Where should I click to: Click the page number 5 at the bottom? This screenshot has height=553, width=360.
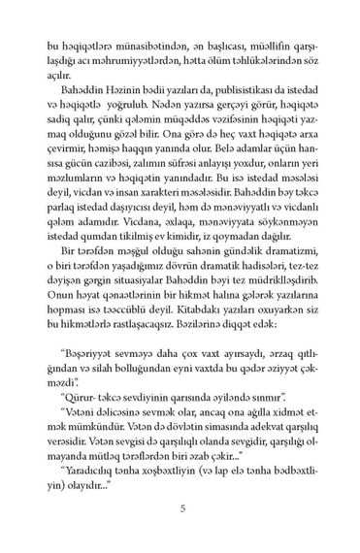tap(180, 505)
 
